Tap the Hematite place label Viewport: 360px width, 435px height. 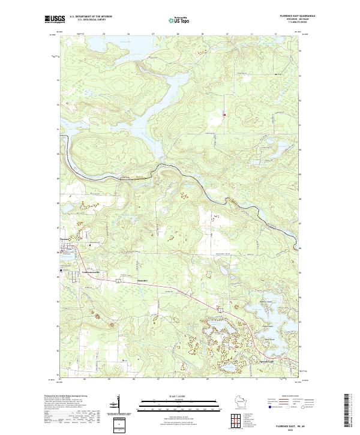click(142, 280)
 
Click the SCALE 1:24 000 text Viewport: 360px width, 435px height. click(180, 396)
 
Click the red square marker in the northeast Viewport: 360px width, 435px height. click(224, 115)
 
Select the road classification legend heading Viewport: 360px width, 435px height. click(292, 397)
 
